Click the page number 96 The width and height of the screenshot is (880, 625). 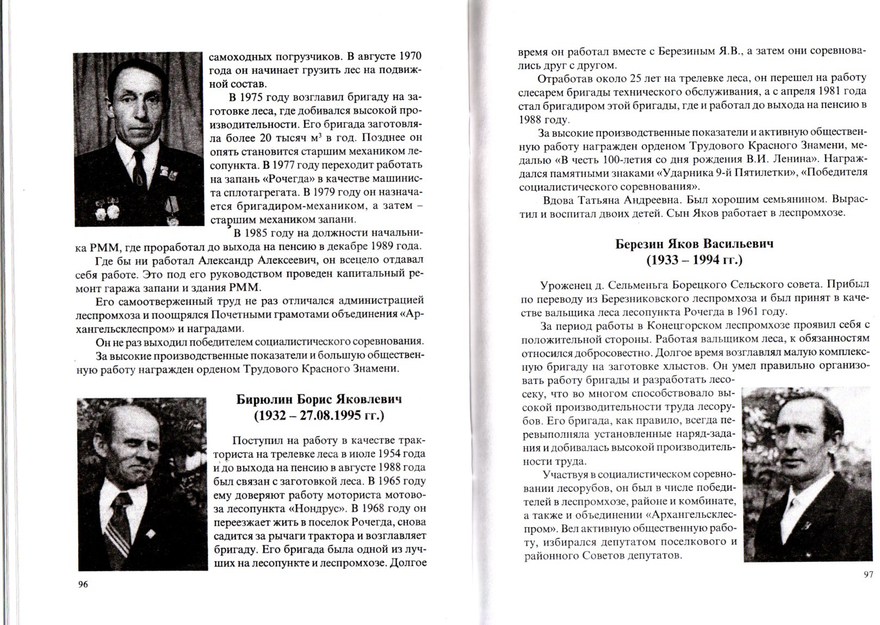83,584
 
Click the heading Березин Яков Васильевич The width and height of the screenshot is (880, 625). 694,243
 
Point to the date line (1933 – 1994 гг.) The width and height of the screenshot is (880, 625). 694,260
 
